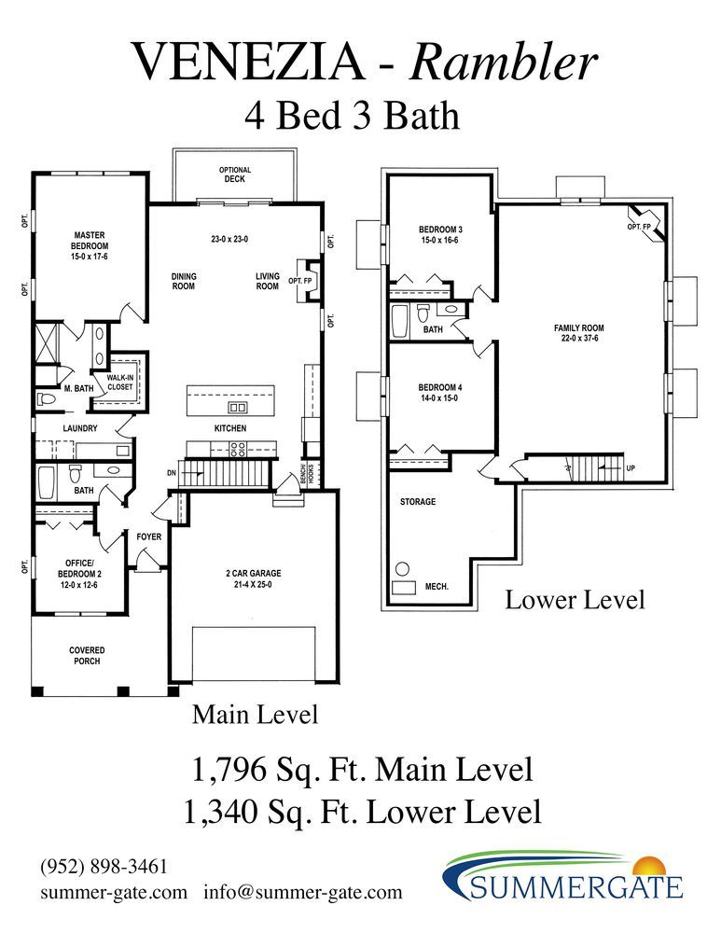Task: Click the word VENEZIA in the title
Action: point(248,61)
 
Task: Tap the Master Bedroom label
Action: point(90,241)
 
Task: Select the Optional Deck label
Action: point(235,174)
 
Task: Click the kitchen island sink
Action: point(237,408)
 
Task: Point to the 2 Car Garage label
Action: point(254,573)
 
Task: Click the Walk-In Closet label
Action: point(120,382)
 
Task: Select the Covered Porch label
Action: point(87,656)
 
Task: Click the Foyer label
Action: point(148,536)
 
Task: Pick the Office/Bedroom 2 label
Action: point(79,568)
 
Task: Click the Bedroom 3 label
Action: point(441,230)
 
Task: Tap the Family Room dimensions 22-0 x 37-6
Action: point(579,339)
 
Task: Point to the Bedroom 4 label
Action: point(440,387)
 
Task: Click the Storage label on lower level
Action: point(418,502)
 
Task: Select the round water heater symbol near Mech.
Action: point(403,569)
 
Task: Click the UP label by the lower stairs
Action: point(631,468)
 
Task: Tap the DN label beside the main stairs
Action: point(172,473)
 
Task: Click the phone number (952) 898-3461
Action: point(104,867)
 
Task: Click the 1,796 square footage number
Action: point(229,770)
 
